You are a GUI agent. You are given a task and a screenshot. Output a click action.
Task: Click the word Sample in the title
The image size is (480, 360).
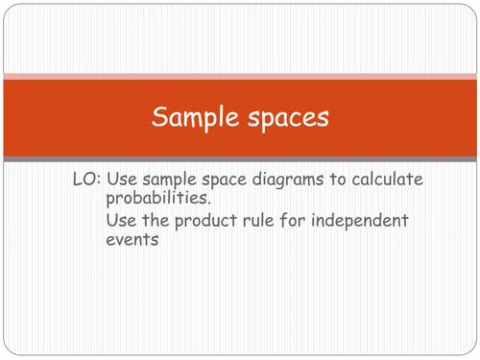click(x=192, y=118)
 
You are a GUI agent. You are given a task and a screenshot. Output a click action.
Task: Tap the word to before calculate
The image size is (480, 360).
click(x=343, y=180)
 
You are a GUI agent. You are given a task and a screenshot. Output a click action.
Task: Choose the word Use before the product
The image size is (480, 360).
click(x=122, y=222)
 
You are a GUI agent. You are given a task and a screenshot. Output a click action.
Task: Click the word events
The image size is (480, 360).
click(x=132, y=240)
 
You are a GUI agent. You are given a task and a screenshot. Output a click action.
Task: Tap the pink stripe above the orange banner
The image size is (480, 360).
click(x=240, y=76)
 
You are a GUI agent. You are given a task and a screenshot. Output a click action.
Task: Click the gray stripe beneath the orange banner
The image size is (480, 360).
click(x=240, y=159)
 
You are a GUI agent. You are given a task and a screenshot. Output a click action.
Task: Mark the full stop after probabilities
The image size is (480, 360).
click(x=207, y=204)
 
